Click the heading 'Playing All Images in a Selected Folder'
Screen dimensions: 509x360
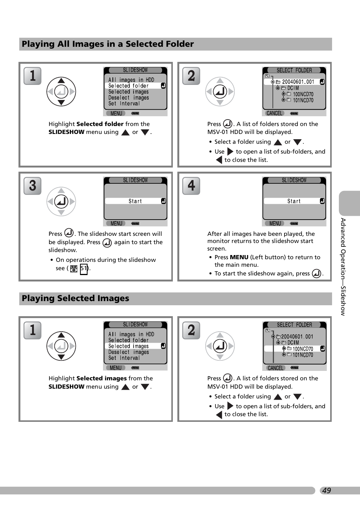pyautogui.click(x=108, y=44)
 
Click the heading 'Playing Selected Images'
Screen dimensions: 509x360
pyautogui.click(x=75, y=298)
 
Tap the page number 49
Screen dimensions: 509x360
pyautogui.click(x=326, y=491)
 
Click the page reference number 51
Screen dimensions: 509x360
pyautogui.click(x=84, y=269)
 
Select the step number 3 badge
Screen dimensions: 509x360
pyautogui.click(x=32, y=186)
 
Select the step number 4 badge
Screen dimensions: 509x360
pyautogui.click(x=191, y=186)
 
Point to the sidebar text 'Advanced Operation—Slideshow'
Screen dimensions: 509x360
pyautogui.click(x=343, y=266)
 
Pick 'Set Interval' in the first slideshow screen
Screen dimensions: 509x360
pyautogui.click(x=124, y=104)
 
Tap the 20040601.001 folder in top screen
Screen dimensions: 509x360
pyautogui.click(x=298, y=82)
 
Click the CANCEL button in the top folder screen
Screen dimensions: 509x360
pyautogui.click(x=274, y=113)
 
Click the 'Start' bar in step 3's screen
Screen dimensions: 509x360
pyautogui.click(x=135, y=201)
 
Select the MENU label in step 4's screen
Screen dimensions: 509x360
pyautogui.click(x=275, y=223)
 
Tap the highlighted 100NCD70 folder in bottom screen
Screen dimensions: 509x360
pyautogui.click(x=303, y=349)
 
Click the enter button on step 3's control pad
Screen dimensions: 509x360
pyautogui.click(x=61, y=201)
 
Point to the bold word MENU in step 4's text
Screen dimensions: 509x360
pyautogui.click(x=239, y=257)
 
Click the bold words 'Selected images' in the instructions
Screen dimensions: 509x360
pyautogui.click(x=102, y=378)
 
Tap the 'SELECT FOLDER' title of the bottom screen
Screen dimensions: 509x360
pyautogui.click(x=294, y=325)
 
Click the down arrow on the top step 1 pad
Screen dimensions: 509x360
pyautogui.click(x=61, y=103)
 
